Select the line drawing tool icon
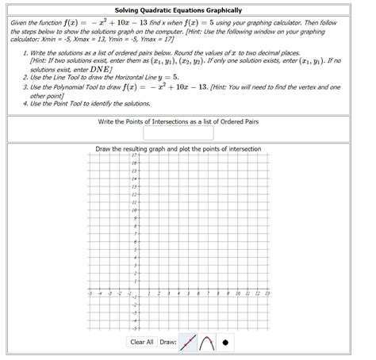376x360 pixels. pos(188,343)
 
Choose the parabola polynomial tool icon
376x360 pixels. pos(207,343)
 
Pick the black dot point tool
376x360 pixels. pos(226,343)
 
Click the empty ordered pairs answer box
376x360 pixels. pos(188,134)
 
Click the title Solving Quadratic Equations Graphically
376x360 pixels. pos(188,8)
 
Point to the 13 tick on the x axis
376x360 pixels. pos(267,293)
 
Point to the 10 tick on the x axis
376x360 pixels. pos(239,293)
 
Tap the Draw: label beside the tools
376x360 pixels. pos(167,343)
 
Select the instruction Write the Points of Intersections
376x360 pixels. pos(188,122)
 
